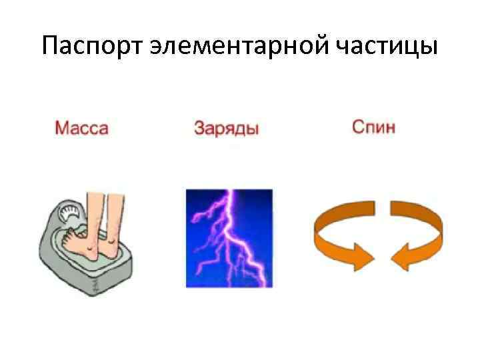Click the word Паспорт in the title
point(92,46)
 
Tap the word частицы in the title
point(387,46)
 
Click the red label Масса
point(81,128)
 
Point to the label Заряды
point(227,128)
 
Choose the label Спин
point(374,127)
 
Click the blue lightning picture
point(229,238)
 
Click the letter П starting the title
point(49,46)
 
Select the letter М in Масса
point(60,128)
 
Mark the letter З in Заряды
point(199,128)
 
